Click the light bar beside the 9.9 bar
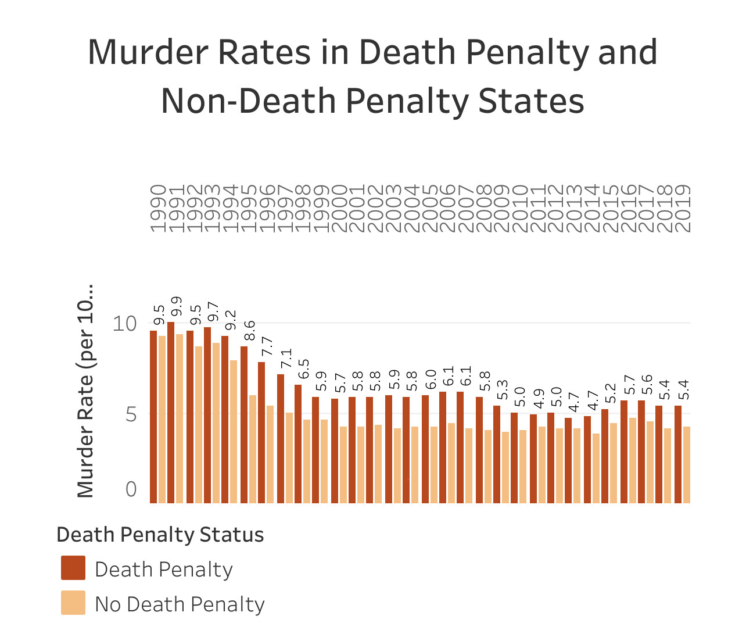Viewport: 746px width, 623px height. pos(180,418)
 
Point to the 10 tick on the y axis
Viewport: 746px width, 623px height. pos(124,323)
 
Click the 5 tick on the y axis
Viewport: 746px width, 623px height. pos(131,414)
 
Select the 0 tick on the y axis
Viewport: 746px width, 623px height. pos(131,489)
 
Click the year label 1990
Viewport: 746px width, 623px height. pos(158,209)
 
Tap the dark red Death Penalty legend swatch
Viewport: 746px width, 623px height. pos(73,568)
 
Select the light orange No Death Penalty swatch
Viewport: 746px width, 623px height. pos(73,603)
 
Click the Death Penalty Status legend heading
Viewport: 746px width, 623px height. pos(160,535)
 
